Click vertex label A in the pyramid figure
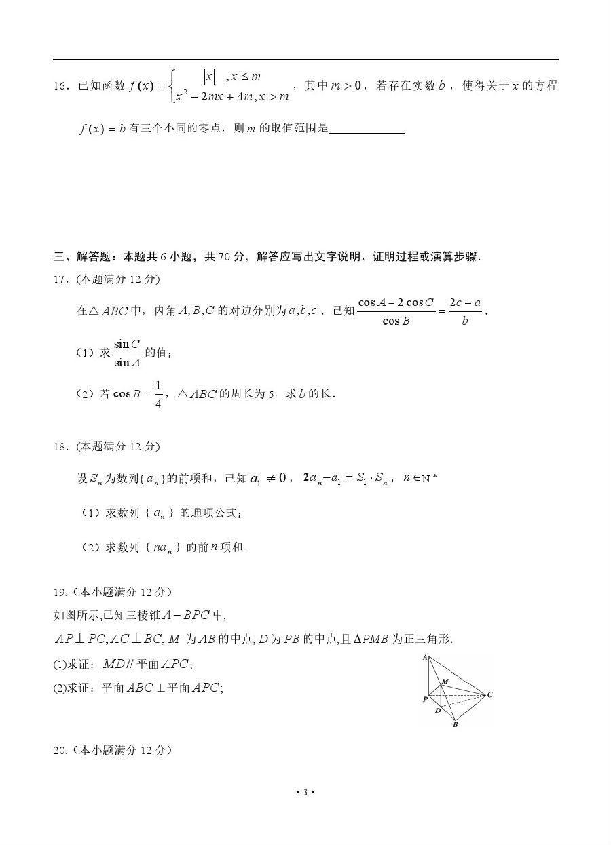point(425,656)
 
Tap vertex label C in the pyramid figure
point(489,694)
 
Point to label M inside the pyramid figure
point(445,680)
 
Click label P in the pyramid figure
point(425,699)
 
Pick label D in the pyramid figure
point(438,711)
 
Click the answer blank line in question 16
point(366,130)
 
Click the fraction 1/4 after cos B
point(158,394)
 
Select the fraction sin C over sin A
point(127,353)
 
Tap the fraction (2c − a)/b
point(465,311)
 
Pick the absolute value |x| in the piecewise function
point(210,77)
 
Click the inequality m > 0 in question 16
point(348,85)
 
